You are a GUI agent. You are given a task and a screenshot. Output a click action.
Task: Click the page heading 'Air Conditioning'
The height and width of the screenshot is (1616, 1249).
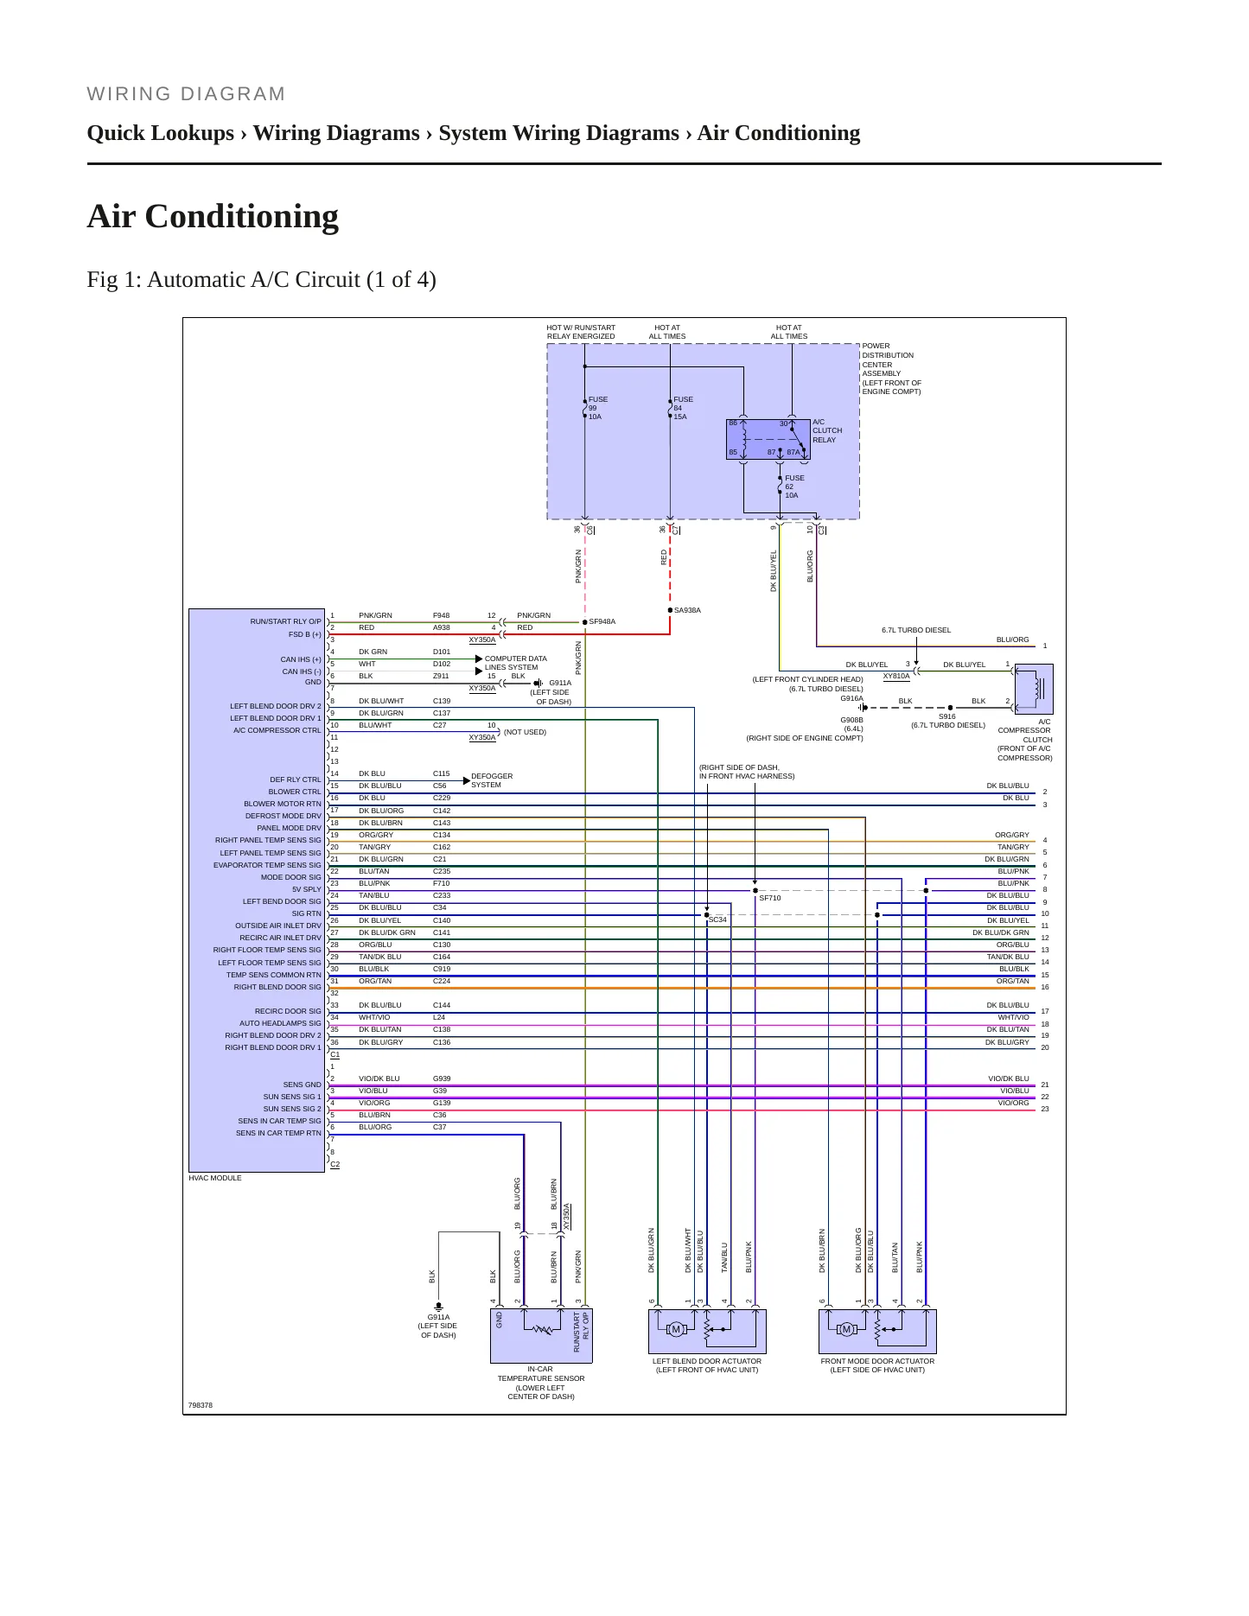coord(213,216)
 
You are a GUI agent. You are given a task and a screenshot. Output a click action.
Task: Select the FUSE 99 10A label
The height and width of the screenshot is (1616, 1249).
coord(597,408)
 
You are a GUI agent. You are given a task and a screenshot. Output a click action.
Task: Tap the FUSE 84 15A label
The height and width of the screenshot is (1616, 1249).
coord(683,408)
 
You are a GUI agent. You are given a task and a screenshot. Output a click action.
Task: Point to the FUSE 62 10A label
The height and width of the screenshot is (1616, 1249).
coord(794,487)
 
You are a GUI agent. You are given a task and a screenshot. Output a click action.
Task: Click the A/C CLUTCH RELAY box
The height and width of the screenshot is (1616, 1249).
coord(768,439)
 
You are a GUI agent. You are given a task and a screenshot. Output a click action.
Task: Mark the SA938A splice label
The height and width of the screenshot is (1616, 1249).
coord(687,610)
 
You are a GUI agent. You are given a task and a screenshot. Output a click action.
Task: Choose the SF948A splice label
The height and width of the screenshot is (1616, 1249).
coord(602,621)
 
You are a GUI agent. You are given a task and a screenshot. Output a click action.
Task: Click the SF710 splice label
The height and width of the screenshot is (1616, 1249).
coord(769,898)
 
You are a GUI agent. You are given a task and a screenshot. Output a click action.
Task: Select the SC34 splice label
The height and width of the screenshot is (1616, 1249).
coord(717,919)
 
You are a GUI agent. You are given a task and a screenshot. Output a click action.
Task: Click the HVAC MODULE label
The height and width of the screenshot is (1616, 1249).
coord(215,1178)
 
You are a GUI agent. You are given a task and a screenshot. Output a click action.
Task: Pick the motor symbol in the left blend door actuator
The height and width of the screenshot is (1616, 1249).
coord(676,1329)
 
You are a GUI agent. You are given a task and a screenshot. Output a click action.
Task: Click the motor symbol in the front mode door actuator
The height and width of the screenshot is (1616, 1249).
coord(846,1329)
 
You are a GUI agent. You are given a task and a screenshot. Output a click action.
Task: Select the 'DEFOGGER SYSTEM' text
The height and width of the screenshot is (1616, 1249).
coord(492,780)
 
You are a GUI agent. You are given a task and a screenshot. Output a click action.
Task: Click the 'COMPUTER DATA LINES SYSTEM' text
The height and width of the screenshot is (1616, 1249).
coord(515,663)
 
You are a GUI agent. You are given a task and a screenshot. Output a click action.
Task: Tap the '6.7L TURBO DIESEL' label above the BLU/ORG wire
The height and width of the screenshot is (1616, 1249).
coord(916,630)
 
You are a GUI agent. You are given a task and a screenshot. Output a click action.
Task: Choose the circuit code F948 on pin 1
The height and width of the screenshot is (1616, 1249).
coord(441,615)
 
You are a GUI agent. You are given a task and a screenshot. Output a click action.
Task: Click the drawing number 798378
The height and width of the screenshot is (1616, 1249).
coord(201,1405)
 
